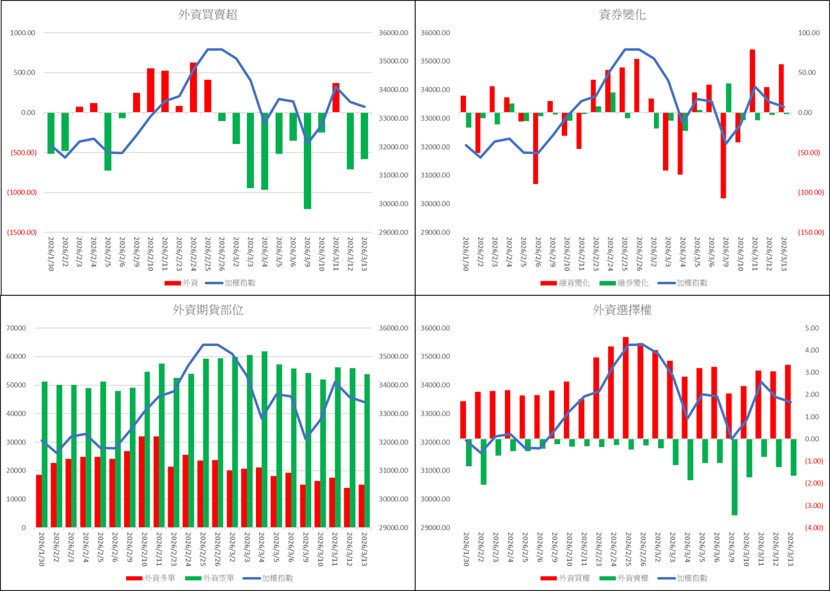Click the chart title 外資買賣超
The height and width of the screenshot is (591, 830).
pyautogui.click(x=208, y=15)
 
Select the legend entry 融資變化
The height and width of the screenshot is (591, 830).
pyautogui.click(x=567, y=283)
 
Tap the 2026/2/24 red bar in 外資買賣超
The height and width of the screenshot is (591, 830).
pyautogui.click(x=193, y=87)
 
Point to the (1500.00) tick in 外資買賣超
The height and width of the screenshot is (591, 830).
pyautogui.click(x=22, y=233)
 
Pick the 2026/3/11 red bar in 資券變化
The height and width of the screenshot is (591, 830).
pyautogui.click(x=753, y=81)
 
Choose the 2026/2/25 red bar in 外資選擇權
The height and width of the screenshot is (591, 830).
pyautogui.click(x=626, y=388)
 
